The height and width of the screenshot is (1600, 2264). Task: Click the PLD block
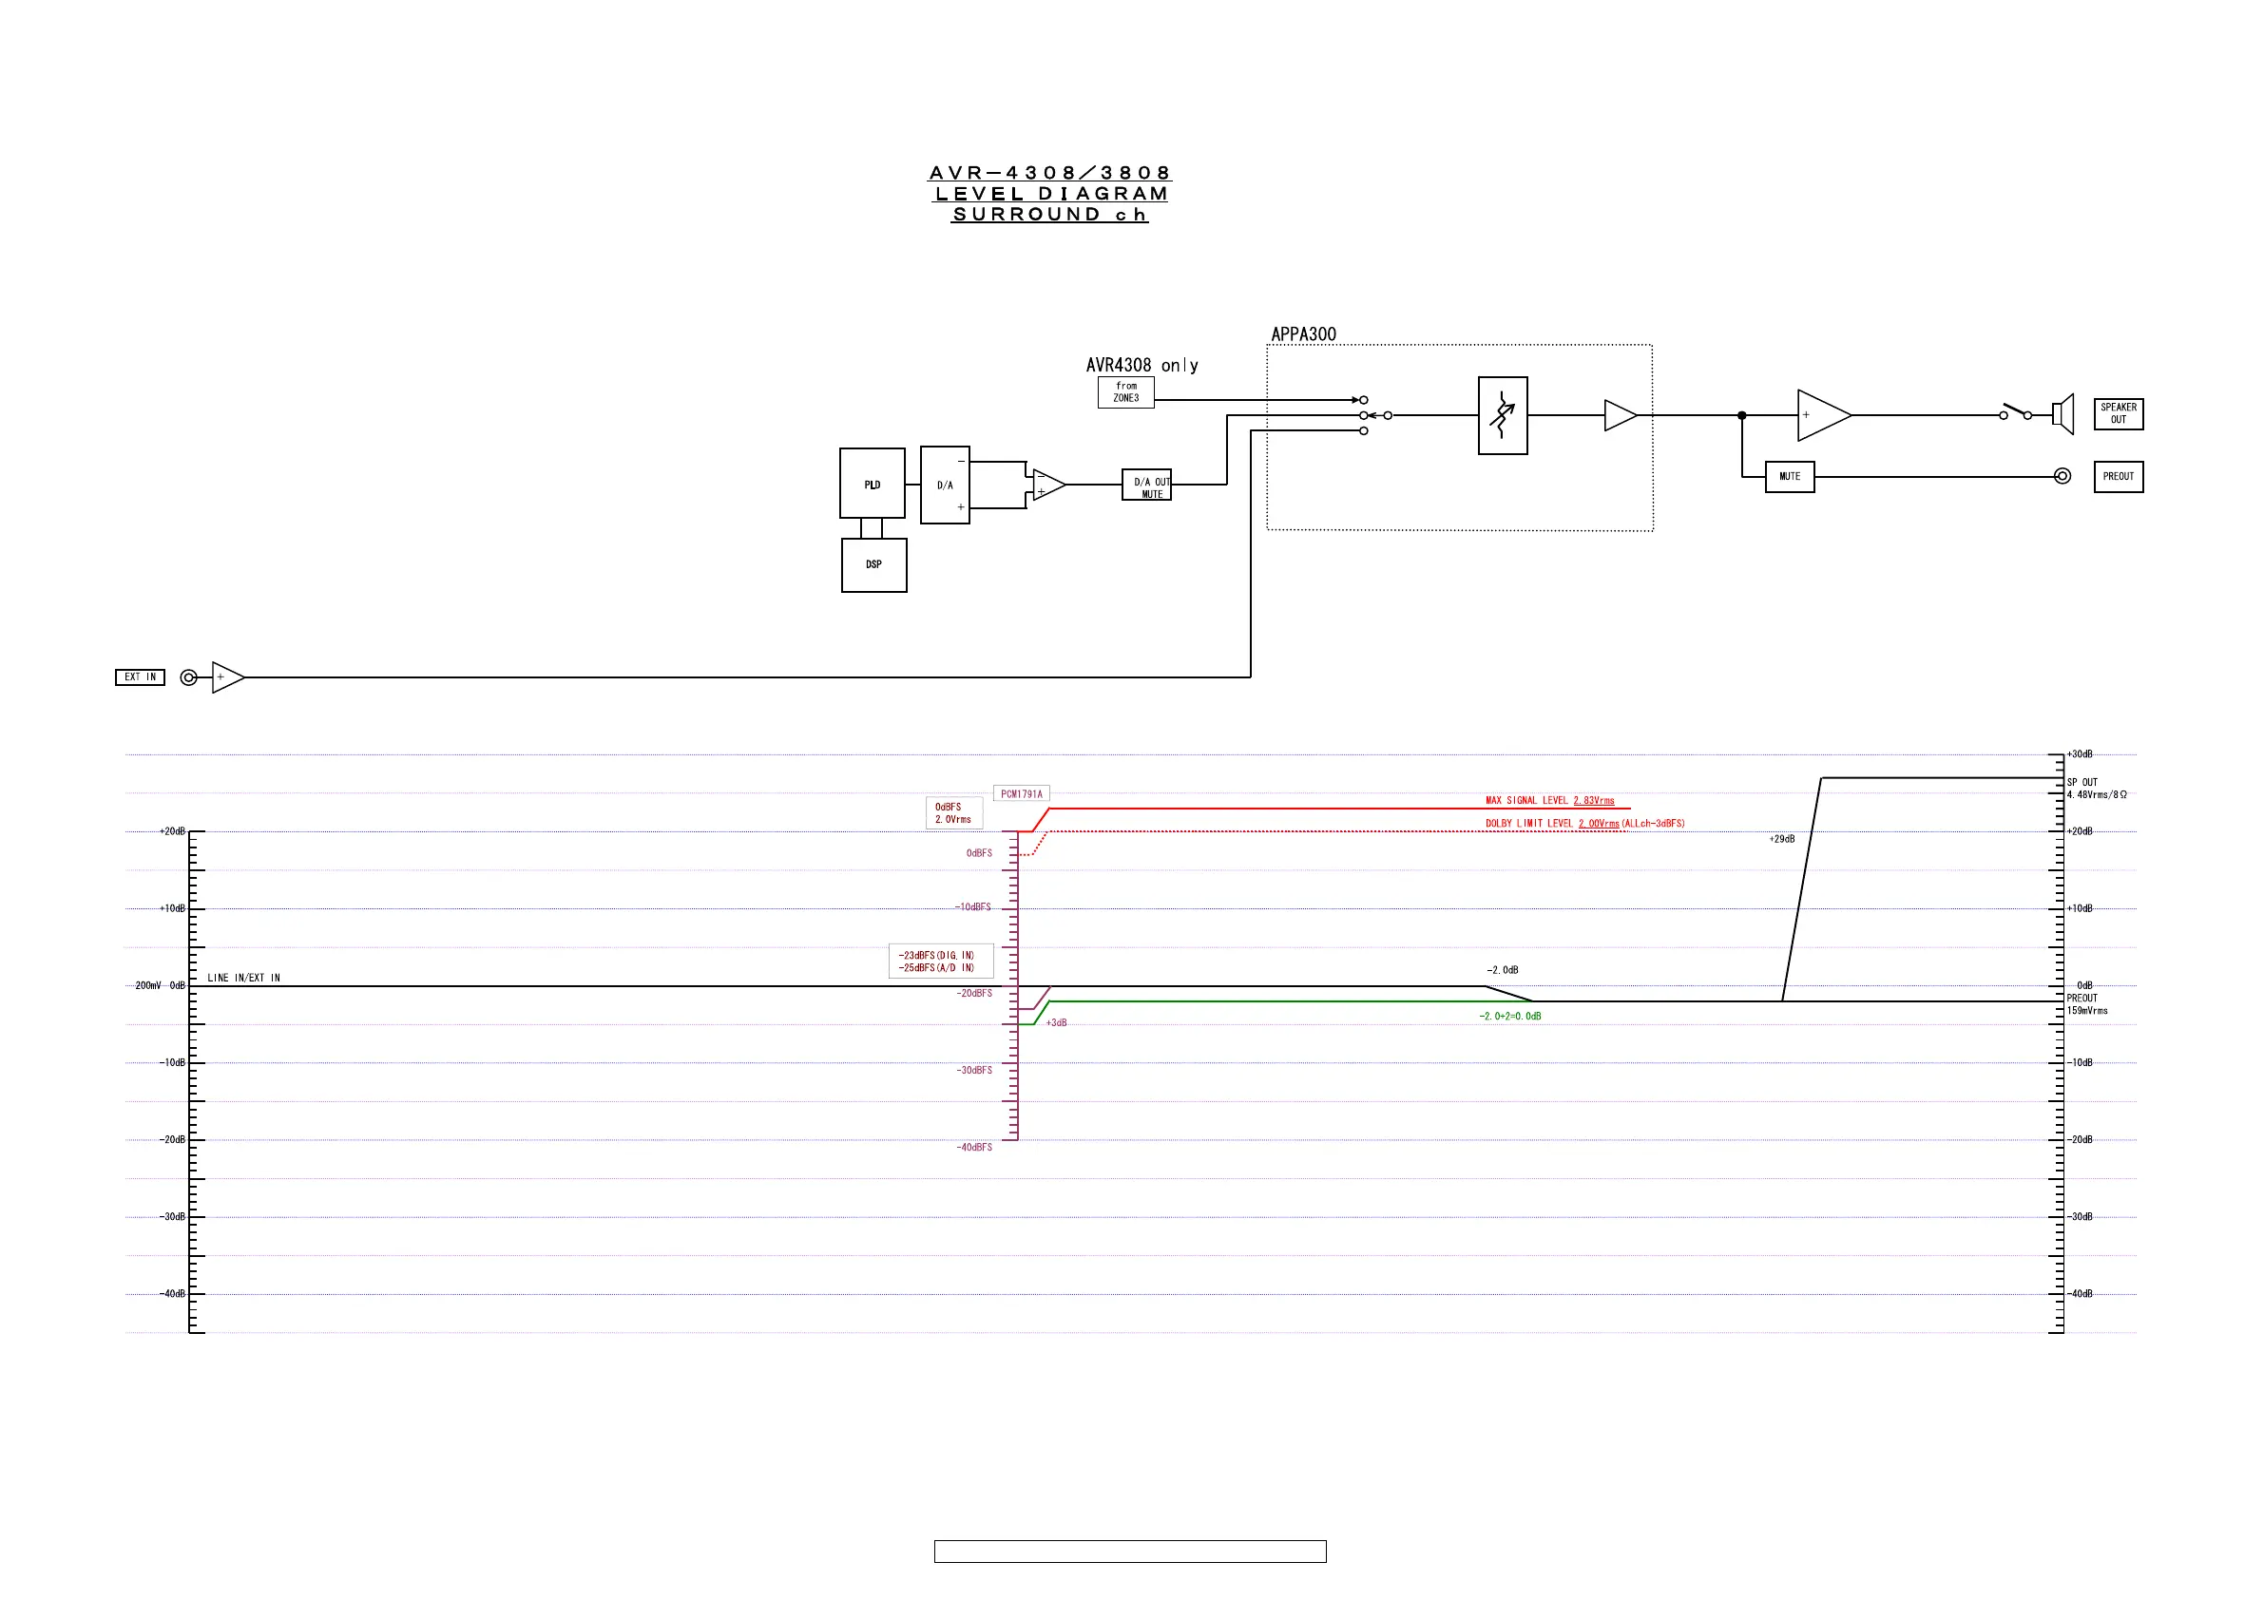coord(872,483)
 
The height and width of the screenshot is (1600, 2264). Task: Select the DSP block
coord(873,565)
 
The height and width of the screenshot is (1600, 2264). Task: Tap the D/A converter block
coord(945,485)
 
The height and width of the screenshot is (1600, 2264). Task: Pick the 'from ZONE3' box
coord(1126,392)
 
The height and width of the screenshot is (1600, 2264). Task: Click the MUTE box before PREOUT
coord(1790,477)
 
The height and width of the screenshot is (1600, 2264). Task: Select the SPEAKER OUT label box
coord(2118,414)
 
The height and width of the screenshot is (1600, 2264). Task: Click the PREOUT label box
coord(2118,477)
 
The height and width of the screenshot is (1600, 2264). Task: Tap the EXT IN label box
coord(140,677)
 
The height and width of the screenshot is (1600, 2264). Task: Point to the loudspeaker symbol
coord(2063,415)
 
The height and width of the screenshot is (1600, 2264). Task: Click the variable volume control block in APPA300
coord(1503,416)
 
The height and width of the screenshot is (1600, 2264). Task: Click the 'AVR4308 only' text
coord(1142,366)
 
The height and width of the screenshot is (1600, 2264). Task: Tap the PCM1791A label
coord(1022,794)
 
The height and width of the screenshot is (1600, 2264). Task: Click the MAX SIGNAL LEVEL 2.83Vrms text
coord(1550,801)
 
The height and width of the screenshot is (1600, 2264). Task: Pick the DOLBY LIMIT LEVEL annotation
coord(1584,824)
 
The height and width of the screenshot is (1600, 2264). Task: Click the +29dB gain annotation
coord(1782,840)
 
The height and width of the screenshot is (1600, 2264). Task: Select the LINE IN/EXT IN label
coord(243,979)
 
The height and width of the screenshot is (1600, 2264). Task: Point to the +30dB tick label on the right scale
coord(2080,755)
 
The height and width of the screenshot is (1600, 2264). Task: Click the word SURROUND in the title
coord(1026,215)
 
